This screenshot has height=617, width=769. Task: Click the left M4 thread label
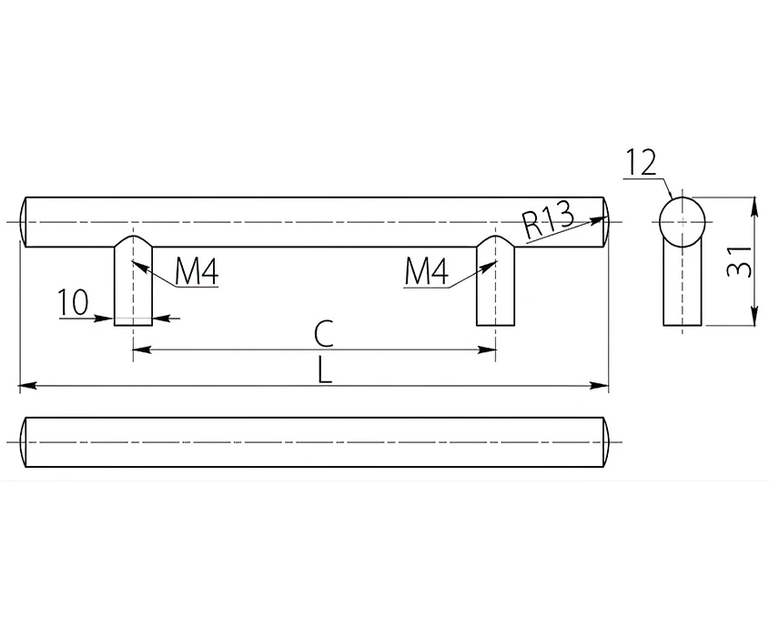click(x=197, y=271)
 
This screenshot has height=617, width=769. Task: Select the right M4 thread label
click(x=426, y=272)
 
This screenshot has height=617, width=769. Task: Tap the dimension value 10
click(x=74, y=302)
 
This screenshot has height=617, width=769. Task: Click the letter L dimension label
click(x=324, y=369)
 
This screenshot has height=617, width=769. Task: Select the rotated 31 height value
click(x=739, y=261)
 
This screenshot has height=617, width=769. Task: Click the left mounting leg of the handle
click(x=134, y=280)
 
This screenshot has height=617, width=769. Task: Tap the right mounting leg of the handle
click(x=496, y=280)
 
